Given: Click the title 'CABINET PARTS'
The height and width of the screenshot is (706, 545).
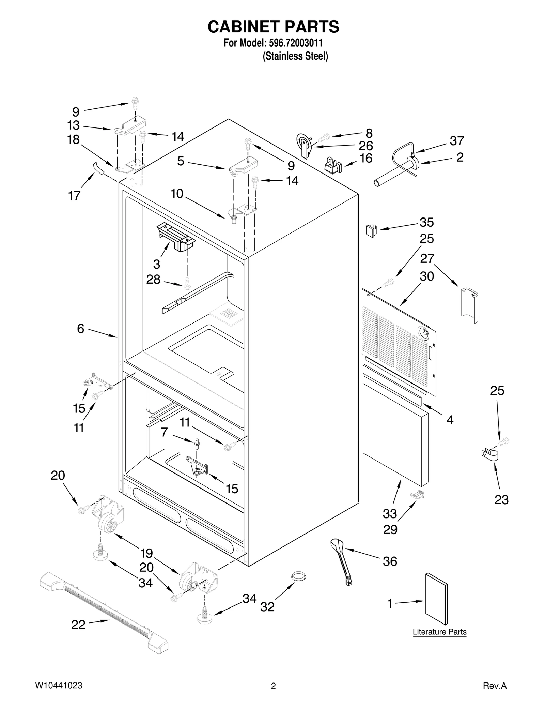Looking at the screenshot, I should pos(273,27).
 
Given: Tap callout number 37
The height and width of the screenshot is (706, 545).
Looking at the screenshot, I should pos(457,141).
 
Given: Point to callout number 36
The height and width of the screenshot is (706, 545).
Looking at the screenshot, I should pos(390,561).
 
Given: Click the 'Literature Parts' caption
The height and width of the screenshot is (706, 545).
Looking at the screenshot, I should pos(439,632).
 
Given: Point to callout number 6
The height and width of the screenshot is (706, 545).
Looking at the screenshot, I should pos(80,329).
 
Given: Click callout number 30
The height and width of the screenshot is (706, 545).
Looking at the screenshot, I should pos(426,276).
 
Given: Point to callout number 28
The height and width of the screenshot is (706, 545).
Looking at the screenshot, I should pos(153,280).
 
